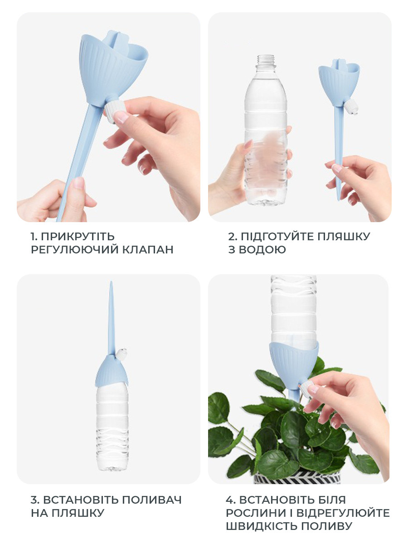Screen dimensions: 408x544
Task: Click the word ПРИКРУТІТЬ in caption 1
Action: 78,237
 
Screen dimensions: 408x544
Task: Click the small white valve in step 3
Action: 121,354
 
